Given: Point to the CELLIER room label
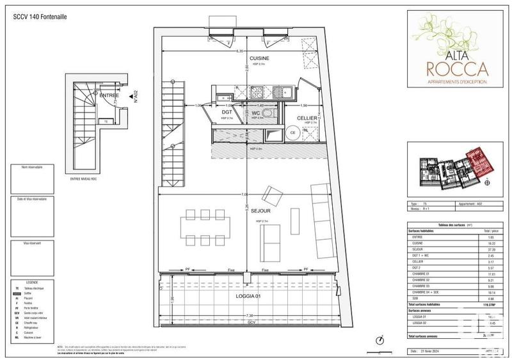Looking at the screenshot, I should point(308,117).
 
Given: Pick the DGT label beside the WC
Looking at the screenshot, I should point(226,113).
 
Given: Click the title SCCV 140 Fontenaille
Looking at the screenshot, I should point(41,16).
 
